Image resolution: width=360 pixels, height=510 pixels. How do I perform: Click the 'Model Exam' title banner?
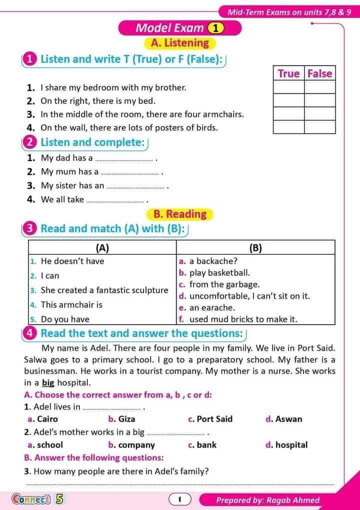[179, 28]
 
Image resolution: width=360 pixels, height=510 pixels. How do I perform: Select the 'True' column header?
[288, 74]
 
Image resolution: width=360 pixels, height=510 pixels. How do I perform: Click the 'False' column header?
[319, 74]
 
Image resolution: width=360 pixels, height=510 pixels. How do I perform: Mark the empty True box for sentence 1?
[288, 87]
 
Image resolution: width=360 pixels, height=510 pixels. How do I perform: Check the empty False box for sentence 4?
[319, 127]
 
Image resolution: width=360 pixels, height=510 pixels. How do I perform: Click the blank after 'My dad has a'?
[124, 159]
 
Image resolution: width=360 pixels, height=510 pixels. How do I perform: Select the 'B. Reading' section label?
[180, 214]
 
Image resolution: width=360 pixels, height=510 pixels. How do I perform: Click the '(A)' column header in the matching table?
[102, 247]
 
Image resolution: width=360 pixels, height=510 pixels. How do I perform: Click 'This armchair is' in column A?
[71, 304]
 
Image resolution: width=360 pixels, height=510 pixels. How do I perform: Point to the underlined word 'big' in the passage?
[48, 383]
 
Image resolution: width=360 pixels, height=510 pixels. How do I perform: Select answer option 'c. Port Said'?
[210, 419]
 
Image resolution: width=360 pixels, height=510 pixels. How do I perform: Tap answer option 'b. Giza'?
[121, 419]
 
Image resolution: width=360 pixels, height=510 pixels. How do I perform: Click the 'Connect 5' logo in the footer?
[38, 499]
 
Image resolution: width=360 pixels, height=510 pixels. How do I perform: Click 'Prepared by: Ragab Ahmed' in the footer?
[267, 499]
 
